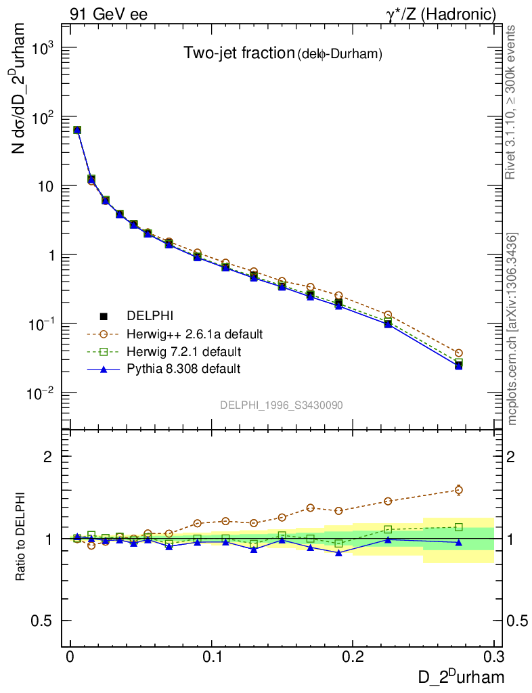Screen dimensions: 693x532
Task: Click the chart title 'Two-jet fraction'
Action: coord(238,53)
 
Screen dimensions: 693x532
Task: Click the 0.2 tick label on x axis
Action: coord(353,657)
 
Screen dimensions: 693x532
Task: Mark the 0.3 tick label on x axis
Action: coord(494,657)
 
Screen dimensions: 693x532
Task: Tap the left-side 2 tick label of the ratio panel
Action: coord(48,457)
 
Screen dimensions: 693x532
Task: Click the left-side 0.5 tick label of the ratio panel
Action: coord(42,621)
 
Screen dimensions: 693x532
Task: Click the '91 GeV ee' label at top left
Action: coord(109,14)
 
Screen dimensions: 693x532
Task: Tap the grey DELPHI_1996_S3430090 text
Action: coord(281,405)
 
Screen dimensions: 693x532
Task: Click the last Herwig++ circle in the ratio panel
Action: coord(459,490)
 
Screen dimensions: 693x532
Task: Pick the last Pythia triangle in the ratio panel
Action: coord(459,542)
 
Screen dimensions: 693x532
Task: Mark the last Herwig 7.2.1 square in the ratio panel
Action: coord(459,527)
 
